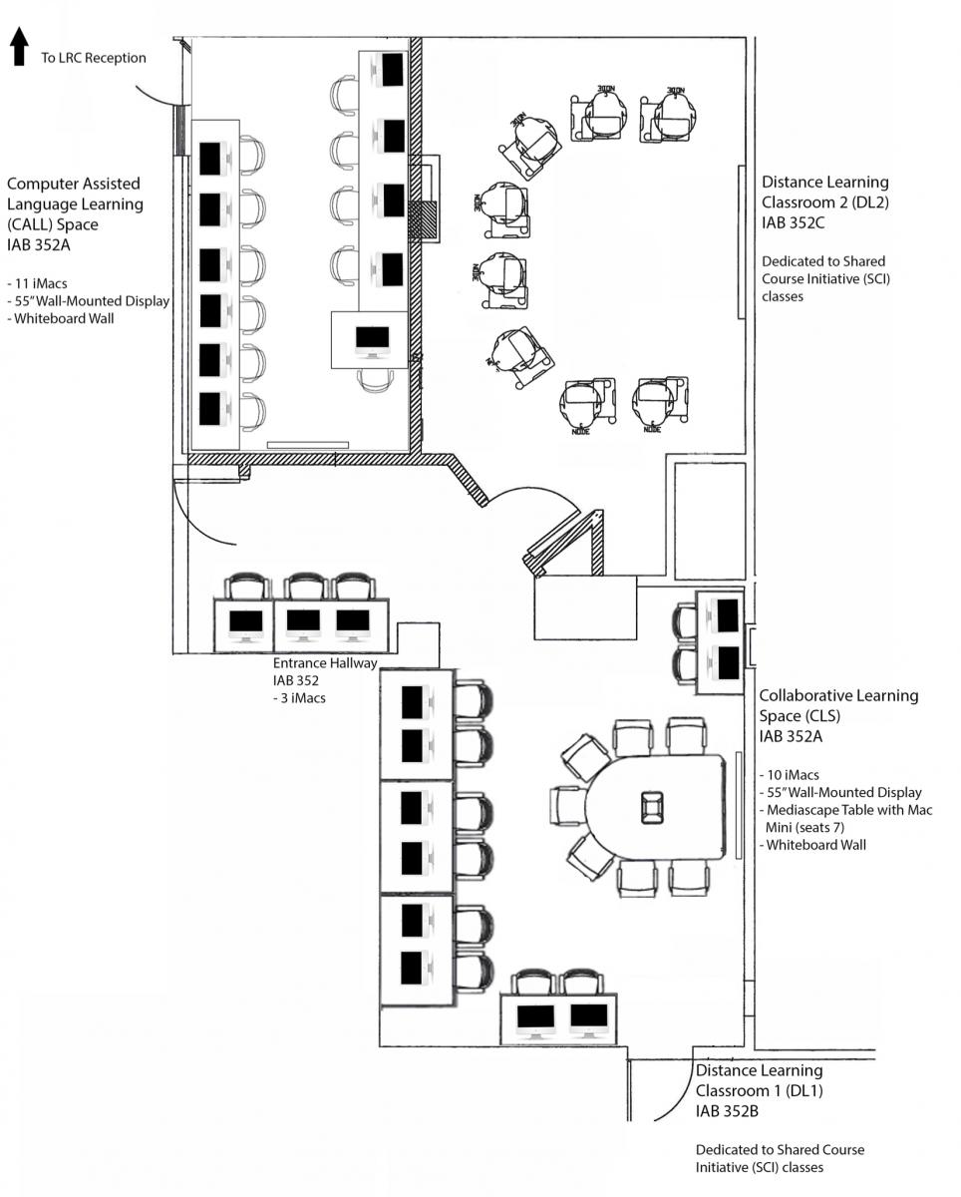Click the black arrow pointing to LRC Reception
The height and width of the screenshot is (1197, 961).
[x=18, y=47]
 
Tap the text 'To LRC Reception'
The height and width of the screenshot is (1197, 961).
[x=93, y=58]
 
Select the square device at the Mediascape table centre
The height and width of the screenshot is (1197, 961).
[x=653, y=805]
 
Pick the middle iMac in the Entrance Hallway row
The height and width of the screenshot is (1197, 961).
[x=303, y=621]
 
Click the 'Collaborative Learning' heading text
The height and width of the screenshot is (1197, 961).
[x=840, y=695]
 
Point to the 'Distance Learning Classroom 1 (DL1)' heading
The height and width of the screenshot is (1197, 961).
[x=760, y=1080]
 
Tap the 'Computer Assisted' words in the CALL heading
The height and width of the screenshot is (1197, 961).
[x=74, y=184]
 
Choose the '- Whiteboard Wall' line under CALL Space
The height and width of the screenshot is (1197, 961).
[x=62, y=319]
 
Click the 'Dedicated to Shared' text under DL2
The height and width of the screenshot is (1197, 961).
[x=823, y=261]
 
